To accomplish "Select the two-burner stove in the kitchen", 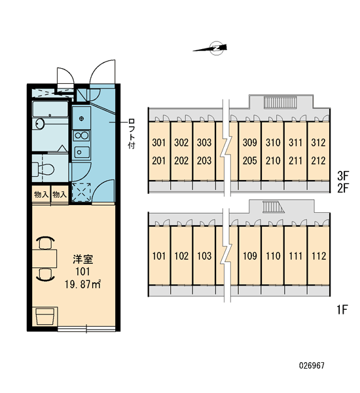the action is tap(82, 136).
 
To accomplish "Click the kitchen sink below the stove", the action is tap(82, 152).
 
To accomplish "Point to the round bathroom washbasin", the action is tap(39, 123).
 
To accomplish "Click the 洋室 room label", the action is tap(83, 259).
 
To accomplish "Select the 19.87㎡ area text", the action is tap(82, 284).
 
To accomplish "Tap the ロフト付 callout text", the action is tap(132, 134).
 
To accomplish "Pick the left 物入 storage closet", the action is tap(41, 195).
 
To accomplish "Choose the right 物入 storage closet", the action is tap(60, 195).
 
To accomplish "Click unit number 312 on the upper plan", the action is tap(318, 142).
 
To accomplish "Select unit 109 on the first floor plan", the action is tap(250, 256).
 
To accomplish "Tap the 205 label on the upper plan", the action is tap(250, 160).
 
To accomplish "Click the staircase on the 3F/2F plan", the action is tap(281, 103).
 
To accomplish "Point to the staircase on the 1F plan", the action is tap(273, 207).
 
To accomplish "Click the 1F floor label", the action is tap(342, 310).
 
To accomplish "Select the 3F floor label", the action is tap(343, 176).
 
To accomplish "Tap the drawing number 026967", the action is tap(312, 365).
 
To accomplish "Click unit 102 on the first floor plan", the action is tap(181, 256).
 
